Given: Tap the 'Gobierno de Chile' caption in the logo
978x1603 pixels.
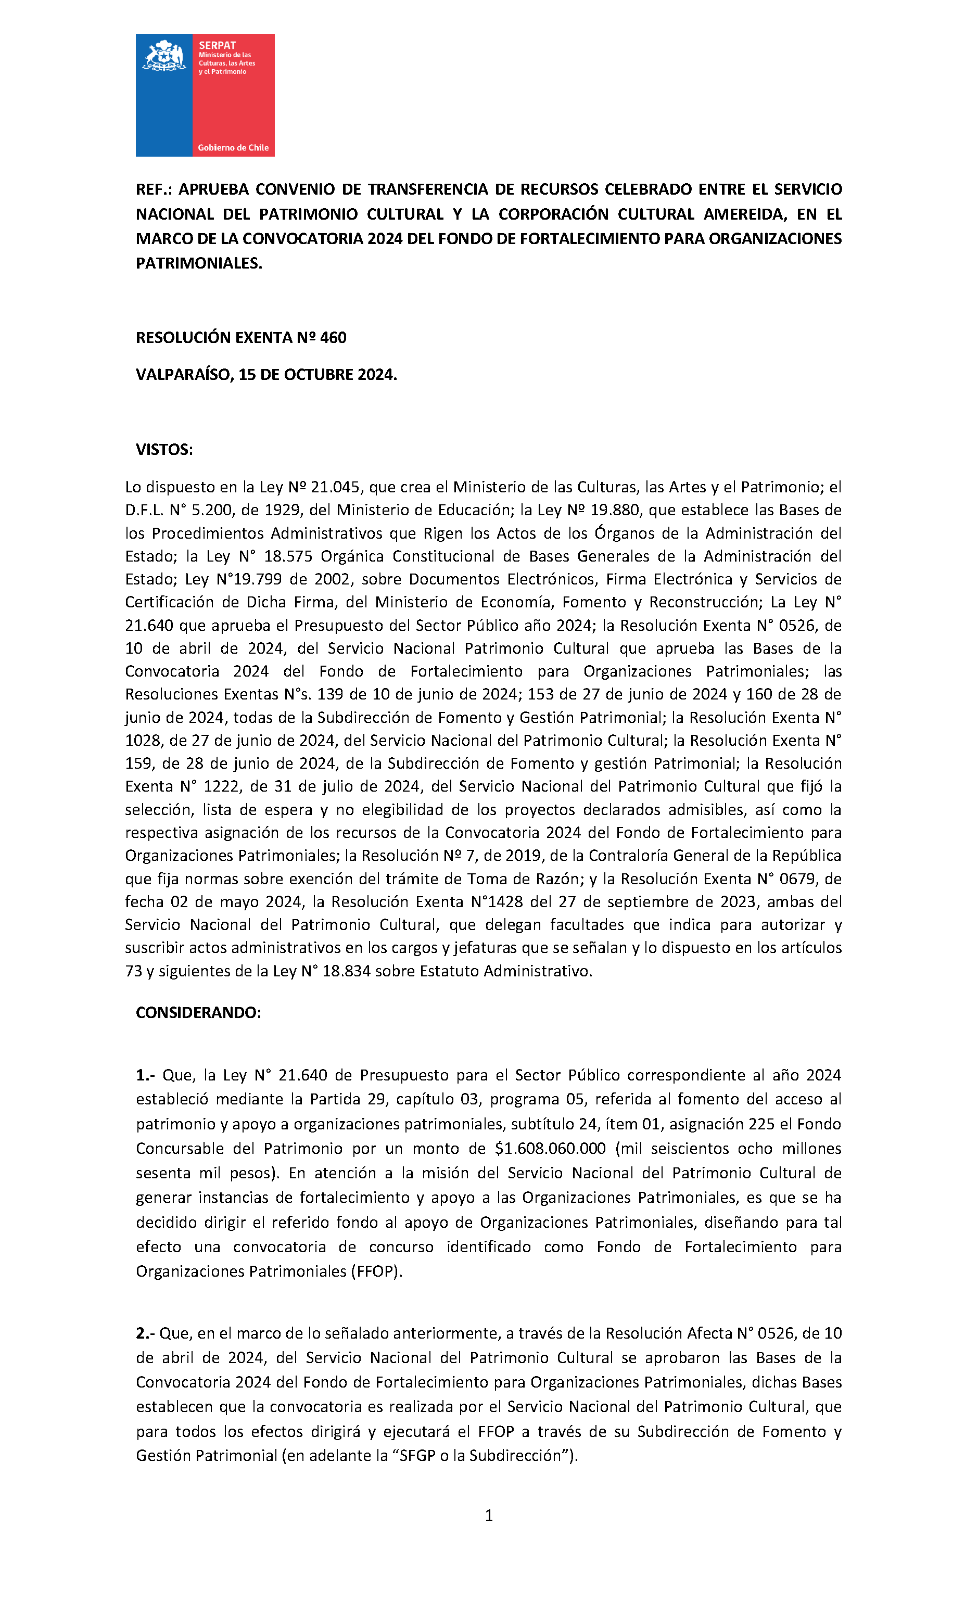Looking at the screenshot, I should coord(233,148).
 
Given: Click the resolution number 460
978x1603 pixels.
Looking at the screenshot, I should coord(333,338).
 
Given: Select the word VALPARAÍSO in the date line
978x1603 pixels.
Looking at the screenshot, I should coord(184,375).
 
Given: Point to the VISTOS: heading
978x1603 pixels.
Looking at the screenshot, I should coord(164,450).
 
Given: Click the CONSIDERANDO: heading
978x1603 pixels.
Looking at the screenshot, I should coord(198,1013).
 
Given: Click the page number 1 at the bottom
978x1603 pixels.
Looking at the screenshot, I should coord(489,1516).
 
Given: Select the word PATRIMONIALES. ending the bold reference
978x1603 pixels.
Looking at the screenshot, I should coord(198,263).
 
